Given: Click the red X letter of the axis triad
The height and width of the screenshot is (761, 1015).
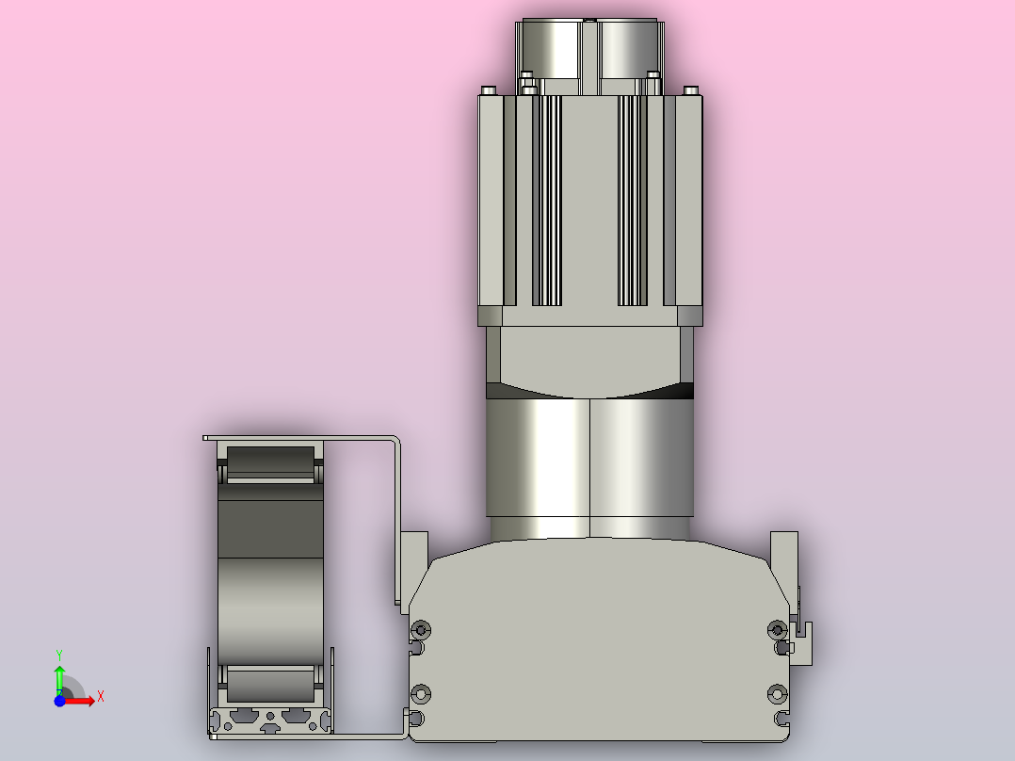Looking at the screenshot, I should [x=101, y=697].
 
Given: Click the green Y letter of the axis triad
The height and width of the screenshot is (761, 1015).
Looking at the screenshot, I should [x=59, y=653].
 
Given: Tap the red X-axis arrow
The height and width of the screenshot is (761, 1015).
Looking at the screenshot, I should [x=83, y=699].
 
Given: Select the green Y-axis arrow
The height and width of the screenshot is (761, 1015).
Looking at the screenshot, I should [x=59, y=676].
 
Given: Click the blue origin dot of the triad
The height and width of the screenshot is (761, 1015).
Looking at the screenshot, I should [x=59, y=701].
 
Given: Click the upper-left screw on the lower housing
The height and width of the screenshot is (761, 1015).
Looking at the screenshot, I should [x=421, y=629].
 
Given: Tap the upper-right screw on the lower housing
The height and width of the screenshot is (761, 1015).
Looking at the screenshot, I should [x=777, y=629].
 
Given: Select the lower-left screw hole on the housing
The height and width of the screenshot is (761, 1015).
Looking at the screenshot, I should [x=421, y=695].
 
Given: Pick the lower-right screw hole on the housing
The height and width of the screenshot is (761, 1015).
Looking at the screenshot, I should [x=777, y=695].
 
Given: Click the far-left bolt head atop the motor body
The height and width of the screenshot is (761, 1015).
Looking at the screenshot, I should [x=488, y=90].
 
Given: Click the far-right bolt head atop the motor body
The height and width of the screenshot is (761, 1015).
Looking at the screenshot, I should [x=691, y=90].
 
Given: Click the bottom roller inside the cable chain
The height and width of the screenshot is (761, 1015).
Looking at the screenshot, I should [x=270, y=681].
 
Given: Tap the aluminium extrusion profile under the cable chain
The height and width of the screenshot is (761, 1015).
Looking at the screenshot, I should [x=270, y=721].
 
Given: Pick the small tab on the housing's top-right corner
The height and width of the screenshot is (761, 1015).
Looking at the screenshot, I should [x=784, y=554].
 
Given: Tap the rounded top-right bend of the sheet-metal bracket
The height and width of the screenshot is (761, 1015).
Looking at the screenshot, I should [x=396, y=441].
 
